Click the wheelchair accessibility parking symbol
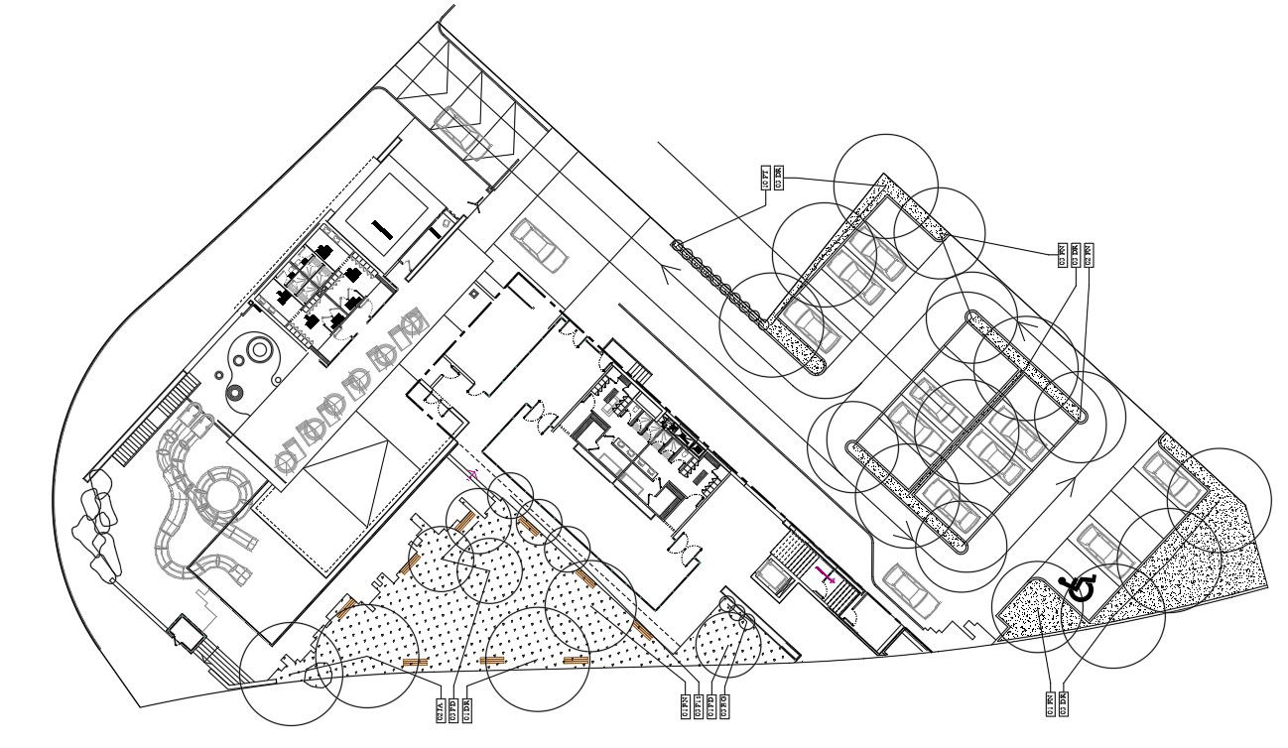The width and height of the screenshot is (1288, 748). pyautogui.click(x=1080, y=589)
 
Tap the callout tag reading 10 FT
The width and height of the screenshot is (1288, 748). pyautogui.click(x=766, y=178)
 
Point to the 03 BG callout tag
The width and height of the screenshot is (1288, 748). pyautogui.click(x=724, y=707)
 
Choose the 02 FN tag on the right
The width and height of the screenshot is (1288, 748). pyautogui.click(x=1089, y=255)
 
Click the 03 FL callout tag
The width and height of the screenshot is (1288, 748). pyautogui.click(x=699, y=707)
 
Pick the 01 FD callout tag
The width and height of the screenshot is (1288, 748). pyautogui.click(x=711, y=707)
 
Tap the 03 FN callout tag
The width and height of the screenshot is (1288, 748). pyautogui.click(x=1063, y=255)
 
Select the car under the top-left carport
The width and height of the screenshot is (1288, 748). pyautogui.click(x=462, y=131)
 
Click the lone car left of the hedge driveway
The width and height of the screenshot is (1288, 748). pyautogui.click(x=539, y=245)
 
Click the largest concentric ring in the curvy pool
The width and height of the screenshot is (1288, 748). pyautogui.click(x=260, y=350)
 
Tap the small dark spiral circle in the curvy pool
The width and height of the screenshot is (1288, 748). pyautogui.click(x=235, y=393)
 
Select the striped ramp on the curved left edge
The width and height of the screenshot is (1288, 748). pyautogui.click(x=153, y=421)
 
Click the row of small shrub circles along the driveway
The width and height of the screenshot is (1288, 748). pyautogui.click(x=722, y=283)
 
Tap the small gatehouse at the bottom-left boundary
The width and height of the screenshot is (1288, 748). pyautogui.click(x=186, y=631)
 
